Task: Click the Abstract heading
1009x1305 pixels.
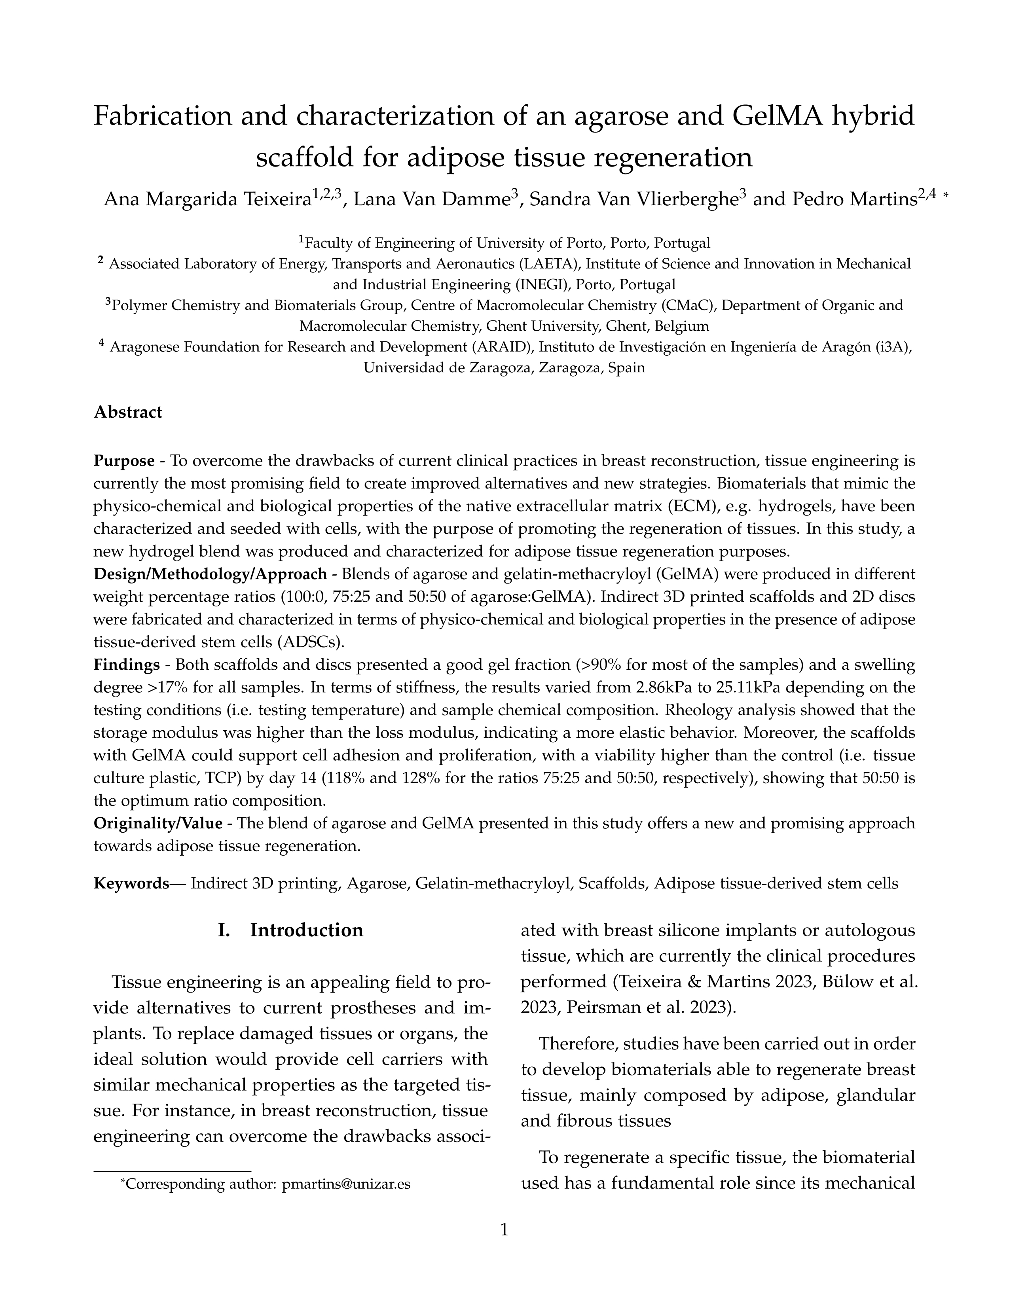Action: click(x=128, y=412)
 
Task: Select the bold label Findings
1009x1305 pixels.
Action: click(x=126, y=665)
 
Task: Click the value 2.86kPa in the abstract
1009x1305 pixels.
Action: click(x=670, y=688)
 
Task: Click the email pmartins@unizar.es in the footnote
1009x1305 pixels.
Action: click(x=346, y=1184)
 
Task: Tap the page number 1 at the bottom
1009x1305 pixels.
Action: click(x=504, y=1230)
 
